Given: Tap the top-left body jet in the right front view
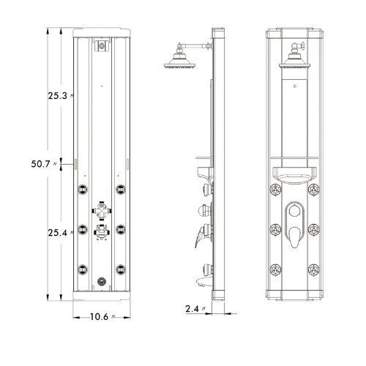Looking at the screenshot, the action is click(x=275, y=190).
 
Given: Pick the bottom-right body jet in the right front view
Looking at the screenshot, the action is click(x=314, y=269).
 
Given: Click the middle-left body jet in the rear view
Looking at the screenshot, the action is click(x=83, y=229).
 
